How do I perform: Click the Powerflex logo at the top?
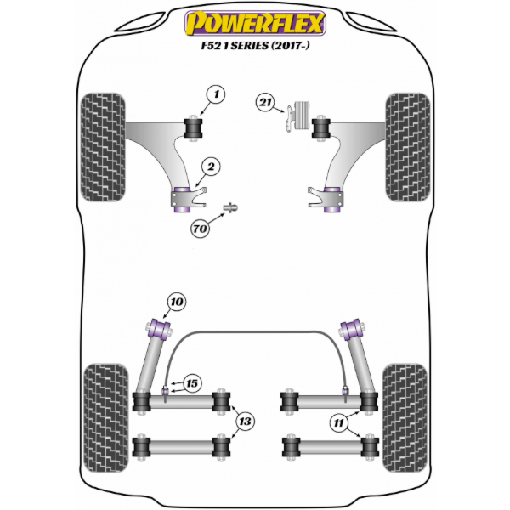pyautogui.click(x=255, y=23)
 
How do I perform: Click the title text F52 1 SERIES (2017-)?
pyautogui.click(x=255, y=46)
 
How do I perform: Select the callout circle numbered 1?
pyautogui.click(x=216, y=94)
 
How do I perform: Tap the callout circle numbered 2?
pyautogui.click(x=211, y=167)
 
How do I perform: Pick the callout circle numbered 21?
pyautogui.click(x=265, y=103)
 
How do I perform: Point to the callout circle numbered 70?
pyautogui.click(x=200, y=229)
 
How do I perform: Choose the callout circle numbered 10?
pyautogui.click(x=177, y=302)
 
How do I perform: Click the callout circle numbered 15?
pyautogui.click(x=192, y=383)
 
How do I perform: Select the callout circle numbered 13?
pyautogui.click(x=245, y=422)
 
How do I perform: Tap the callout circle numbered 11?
pyautogui.click(x=338, y=423)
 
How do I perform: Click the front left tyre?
pyautogui.click(x=103, y=147)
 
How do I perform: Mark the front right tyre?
pyautogui.click(x=408, y=147)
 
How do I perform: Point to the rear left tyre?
pyautogui.click(x=106, y=418)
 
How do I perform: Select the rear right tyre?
pyautogui.click(x=405, y=418)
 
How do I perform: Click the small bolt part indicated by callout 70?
pyautogui.click(x=230, y=207)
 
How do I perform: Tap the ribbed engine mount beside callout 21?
pyautogui.click(x=302, y=116)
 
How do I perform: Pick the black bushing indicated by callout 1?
pyautogui.click(x=193, y=128)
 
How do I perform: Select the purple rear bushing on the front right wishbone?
pyautogui.click(x=332, y=200)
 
